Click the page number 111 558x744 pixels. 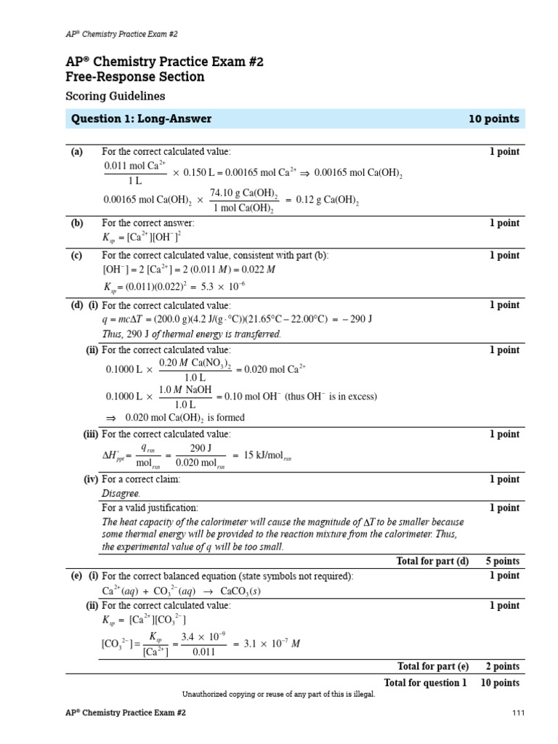[518, 713]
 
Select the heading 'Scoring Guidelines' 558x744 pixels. [116, 96]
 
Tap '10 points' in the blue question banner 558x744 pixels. [495, 119]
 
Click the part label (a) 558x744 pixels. [77, 152]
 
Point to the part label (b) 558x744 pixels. [77, 223]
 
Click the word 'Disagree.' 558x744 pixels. [121, 493]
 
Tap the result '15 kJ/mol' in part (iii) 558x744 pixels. [267, 456]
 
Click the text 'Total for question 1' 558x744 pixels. [425, 682]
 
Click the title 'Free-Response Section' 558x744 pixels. [135, 77]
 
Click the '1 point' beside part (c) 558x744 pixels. [504, 255]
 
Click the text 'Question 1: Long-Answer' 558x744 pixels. [141, 119]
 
